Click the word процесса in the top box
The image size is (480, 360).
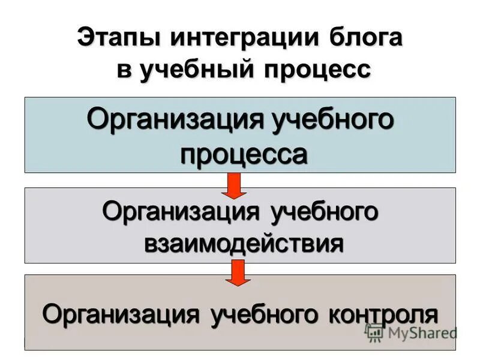(244, 154)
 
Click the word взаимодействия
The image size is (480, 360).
(242, 244)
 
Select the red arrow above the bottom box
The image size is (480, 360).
(239, 272)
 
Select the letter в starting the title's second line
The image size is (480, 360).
(124, 69)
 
